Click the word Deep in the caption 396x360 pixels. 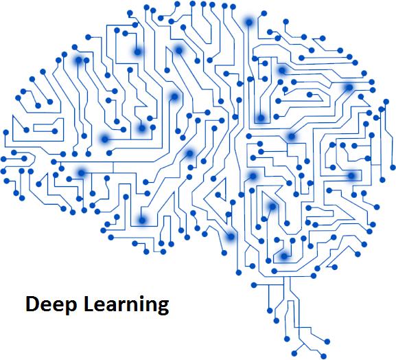[51, 305]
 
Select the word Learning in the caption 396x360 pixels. [126, 305]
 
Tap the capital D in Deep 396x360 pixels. [32, 304]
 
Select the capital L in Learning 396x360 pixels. [89, 304]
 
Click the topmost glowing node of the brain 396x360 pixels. [249, 22]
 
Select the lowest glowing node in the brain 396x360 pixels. [284, 256]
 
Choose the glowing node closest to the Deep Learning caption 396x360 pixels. [142, 221]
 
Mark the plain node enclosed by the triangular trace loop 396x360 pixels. [218, 194]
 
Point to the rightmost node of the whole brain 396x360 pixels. [393, 167]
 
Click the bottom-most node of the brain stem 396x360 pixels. [323, 357]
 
